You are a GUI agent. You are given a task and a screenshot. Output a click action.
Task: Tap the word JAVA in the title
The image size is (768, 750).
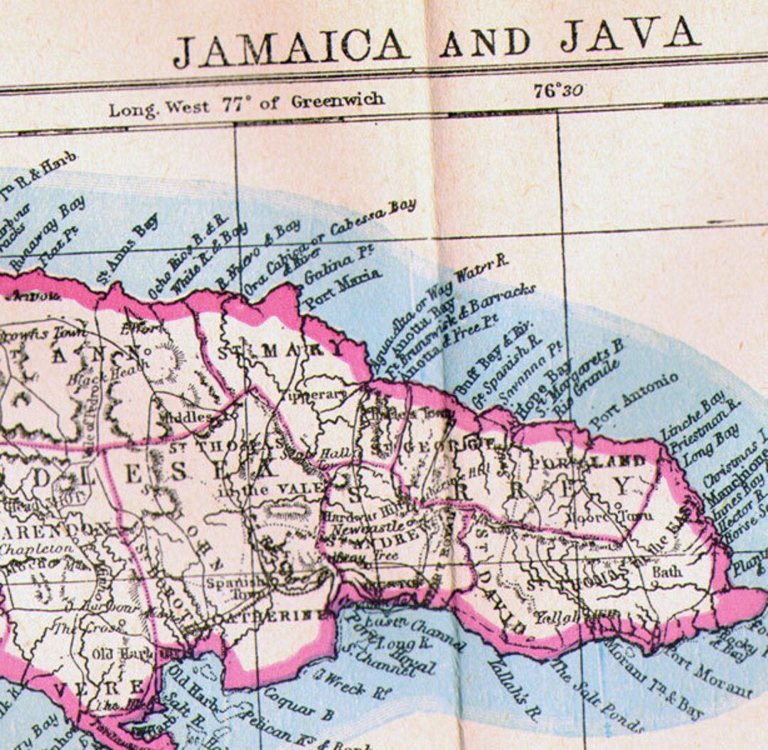629,36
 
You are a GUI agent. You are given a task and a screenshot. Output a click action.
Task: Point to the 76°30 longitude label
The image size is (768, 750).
558,91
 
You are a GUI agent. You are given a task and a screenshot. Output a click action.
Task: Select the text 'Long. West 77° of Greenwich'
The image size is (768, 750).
246,105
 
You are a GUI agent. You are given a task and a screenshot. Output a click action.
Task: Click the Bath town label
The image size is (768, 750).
666,571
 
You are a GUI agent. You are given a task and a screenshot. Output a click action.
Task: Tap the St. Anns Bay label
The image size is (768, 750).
128,248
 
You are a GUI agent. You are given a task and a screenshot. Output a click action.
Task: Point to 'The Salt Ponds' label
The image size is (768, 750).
597,697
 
